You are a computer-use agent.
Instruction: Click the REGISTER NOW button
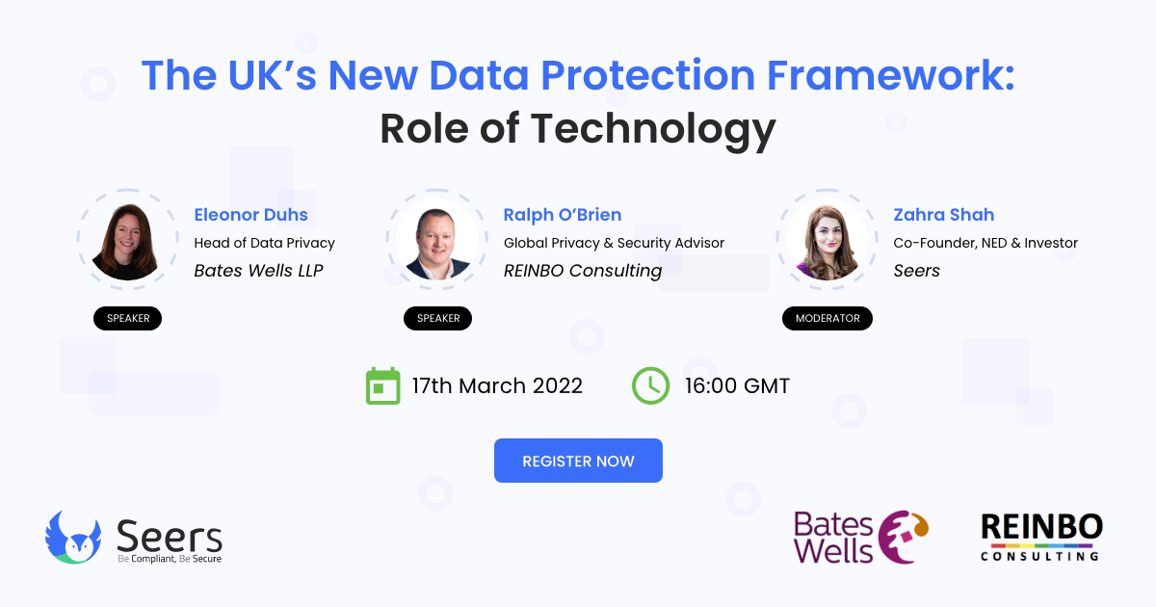[x=578, y=461]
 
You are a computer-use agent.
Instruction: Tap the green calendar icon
[x=382, y=385]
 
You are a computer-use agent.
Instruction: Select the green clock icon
[x=650, y=385]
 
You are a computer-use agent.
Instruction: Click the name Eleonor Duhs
[x=251, y=215]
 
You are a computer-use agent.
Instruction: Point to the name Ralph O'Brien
[x=563, y=215]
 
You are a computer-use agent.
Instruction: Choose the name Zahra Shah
[x=944, y=215]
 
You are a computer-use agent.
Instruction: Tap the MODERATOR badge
[x=828, y=318]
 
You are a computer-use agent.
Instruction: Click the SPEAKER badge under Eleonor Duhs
[x=128, y=318]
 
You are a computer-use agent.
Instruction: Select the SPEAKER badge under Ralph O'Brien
[x=438, y=318]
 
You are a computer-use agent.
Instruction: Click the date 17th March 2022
[x=497, y=386]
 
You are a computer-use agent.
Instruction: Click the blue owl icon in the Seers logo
[x=73, y=538]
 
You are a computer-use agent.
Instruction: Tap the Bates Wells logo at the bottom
[x=860, y=537]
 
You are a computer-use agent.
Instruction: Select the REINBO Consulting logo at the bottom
[x=1041, y=537]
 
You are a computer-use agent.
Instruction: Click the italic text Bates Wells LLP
[x=258, y=270]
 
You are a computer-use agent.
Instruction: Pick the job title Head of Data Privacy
[x=264, y=243]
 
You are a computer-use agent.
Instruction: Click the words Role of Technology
[x=578, y=128]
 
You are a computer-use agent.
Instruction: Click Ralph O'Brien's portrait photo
[x=438, y=242]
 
